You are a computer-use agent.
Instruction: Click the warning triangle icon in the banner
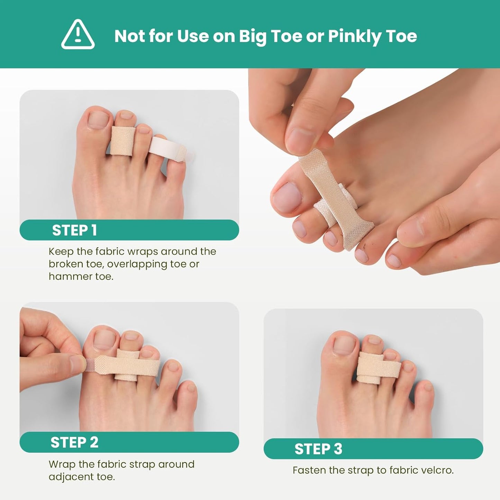(78, 35)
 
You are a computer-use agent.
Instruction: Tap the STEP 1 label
(74, 230)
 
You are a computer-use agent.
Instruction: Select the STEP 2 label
(74, 442)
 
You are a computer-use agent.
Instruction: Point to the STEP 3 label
(318, 449)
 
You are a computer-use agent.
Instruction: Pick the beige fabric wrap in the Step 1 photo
(122, 141)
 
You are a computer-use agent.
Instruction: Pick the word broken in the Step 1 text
(66, 264)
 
